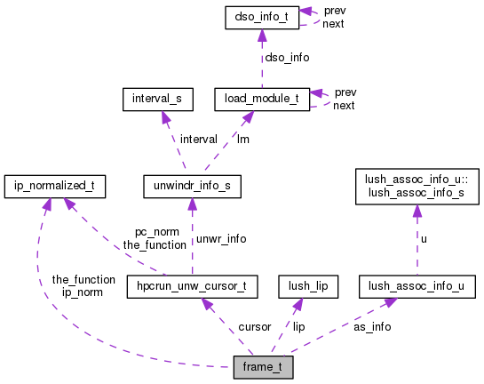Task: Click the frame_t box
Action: (x=262, y=367)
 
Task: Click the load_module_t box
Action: (x=262, y=100)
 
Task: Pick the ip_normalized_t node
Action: (x=55, y=187)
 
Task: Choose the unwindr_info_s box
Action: (x=191, y=187)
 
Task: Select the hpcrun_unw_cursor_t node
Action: (x=192, y=286)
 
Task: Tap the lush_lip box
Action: (x=304, y=286)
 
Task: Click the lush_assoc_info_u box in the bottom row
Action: (x=417, y=286)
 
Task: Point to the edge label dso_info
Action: (x=288, y=57)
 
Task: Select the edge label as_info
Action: (x=372, y=327)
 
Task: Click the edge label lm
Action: (x=242, y=139)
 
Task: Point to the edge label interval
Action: (x=199, y=139)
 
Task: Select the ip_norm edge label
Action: (x=83, y=292)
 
